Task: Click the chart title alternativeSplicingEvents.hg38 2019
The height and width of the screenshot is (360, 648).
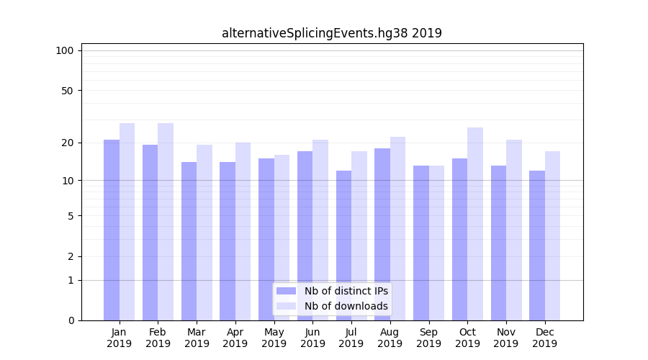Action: point(331,33)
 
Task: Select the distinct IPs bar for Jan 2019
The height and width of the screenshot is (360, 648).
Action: point(112,230)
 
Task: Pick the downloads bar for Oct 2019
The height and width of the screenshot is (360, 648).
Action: point(475,224)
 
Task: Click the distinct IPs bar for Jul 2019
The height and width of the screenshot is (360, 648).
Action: point(343,246)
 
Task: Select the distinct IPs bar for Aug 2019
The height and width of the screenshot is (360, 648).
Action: point(382,234)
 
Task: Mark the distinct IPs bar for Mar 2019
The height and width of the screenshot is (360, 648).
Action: point(189,241)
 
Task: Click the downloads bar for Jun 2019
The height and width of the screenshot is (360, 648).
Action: point(320,230)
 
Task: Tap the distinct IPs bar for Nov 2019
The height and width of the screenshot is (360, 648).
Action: point(498,243)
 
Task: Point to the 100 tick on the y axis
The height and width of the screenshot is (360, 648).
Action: point(65,50)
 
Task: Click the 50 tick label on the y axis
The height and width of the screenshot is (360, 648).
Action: point(67,91)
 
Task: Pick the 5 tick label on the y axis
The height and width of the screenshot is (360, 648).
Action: point(70,216)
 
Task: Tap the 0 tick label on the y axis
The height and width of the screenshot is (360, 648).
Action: point(70,320)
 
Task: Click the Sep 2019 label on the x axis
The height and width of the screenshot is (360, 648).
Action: point(428,338)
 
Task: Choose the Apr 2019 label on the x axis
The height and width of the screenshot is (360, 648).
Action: point(235,338)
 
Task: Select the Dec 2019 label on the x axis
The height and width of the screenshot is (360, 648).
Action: point(544,338)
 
